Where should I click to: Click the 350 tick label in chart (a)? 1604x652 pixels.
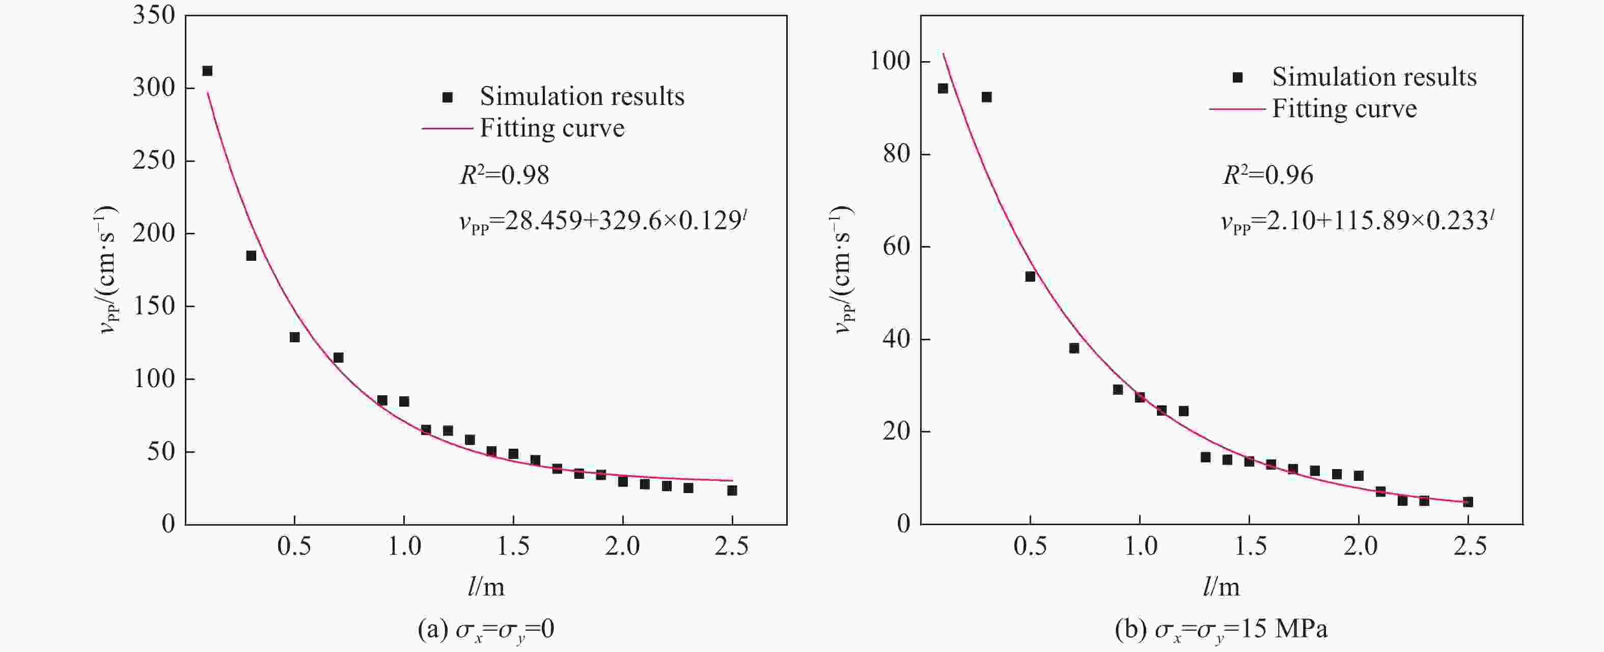pos(153,15)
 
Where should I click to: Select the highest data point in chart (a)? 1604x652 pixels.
pos(207,71)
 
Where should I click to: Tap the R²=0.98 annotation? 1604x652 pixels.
pos(504,175)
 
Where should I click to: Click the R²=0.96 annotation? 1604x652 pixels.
pos(1268,175)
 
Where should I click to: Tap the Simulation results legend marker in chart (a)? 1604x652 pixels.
pos(447,97)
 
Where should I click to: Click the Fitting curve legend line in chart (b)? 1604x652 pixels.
pos(1237,110)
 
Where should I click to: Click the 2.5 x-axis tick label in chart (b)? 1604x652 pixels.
pos(1470,547)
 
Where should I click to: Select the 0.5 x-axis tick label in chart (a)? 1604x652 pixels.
pos(294,547)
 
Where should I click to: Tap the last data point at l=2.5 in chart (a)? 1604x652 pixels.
pos(732,491)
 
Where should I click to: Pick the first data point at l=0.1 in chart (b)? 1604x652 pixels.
pos(943,89)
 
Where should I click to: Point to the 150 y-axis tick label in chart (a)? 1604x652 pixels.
pos(153,306)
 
